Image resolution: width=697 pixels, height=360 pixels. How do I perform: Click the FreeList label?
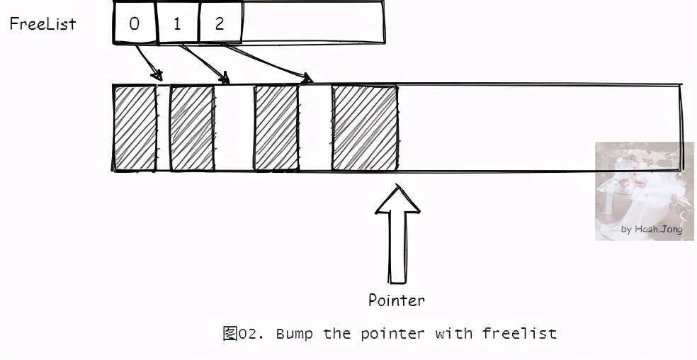(x=42, y=23)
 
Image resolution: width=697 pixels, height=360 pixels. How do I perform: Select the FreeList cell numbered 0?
(x=135, y=23)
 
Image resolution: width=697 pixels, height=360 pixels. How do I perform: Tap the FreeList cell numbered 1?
(x=177, y=23)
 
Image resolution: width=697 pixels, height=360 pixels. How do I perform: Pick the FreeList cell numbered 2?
(x=220, y=23)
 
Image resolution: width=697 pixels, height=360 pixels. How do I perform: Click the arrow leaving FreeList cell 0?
(x=148, y=61)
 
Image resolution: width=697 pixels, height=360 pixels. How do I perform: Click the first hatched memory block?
(x=135, y=128)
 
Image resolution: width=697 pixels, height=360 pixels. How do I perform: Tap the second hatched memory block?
(x=192, y=128)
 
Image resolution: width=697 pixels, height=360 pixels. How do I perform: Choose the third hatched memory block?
(x=276, y=128)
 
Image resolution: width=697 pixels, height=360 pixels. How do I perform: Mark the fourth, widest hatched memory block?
(x=364, y=128)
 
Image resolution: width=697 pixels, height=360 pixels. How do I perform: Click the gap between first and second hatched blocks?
(x=163, y=128)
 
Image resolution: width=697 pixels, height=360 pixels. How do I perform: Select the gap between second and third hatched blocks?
(x=234, y=128)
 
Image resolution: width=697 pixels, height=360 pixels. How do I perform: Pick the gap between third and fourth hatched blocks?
(x=314, y=128)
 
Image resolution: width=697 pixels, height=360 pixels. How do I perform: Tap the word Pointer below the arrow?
(x=397, y=300)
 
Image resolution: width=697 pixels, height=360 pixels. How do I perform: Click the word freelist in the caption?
(x=520, y=333)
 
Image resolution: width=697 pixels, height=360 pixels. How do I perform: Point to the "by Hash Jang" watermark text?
(x=652, y=229)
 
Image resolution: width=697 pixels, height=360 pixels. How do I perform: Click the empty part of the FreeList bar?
(x=312, y=23)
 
